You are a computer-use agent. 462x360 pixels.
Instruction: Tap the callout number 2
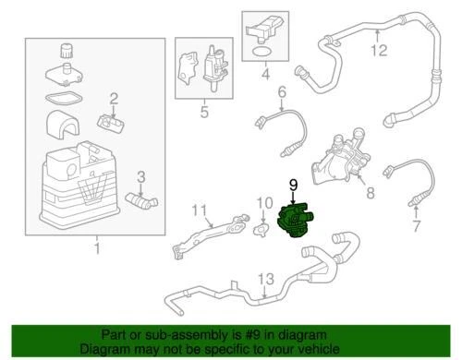coord(114,99)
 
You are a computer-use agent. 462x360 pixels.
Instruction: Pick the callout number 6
coord(283,91)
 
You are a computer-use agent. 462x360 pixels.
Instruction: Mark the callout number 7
coord(415,224)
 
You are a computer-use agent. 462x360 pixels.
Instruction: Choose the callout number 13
coord(265,279)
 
